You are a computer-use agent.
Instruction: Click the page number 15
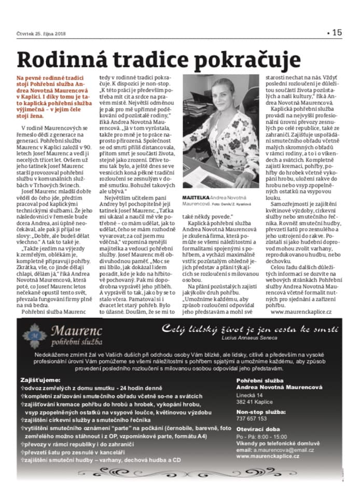coord(336,32)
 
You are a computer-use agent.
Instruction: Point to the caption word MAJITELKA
coord(197,198)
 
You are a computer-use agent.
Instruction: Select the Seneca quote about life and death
coord(250,328)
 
